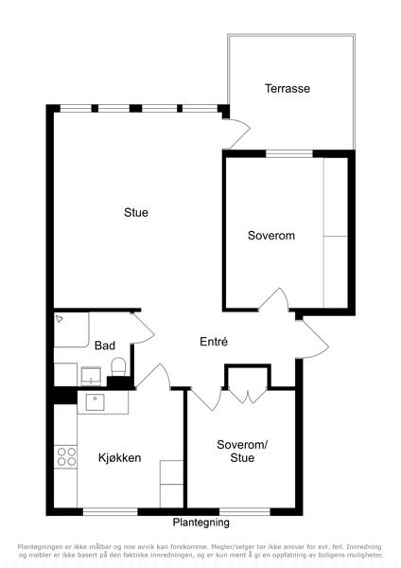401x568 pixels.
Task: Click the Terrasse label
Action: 287,88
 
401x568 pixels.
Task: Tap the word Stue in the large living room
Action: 136,212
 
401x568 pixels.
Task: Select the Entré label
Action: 214,341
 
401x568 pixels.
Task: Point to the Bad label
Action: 105,346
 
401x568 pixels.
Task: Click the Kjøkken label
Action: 119,457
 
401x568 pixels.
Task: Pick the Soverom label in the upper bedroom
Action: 271,236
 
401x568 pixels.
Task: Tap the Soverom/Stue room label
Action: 242,451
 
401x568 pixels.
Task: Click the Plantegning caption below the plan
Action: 200,523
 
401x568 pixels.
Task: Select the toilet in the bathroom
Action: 118,366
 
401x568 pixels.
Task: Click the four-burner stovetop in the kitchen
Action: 66,456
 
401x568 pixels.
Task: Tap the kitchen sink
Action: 96,402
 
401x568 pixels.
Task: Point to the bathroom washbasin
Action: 91,377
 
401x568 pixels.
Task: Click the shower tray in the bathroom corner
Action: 71,330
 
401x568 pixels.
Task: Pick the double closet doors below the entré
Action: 247,397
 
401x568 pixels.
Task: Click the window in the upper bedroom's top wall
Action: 289,153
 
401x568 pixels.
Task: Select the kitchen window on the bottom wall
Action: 111,512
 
